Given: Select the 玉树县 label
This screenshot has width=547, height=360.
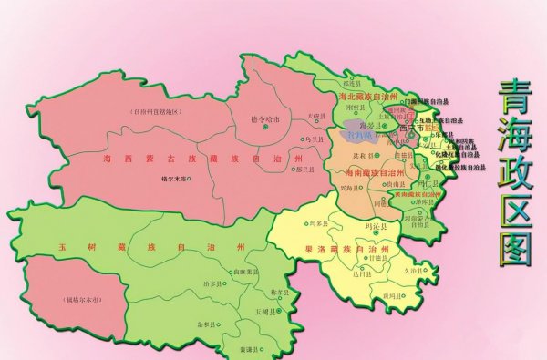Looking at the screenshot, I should coord(263,311).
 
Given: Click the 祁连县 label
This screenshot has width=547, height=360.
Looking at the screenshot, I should coord(366,67).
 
